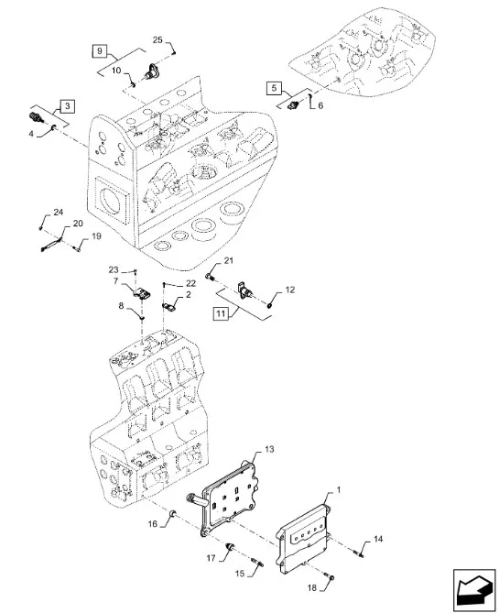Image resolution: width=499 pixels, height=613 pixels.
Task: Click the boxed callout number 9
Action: pyautogui.click(x=100, y=50)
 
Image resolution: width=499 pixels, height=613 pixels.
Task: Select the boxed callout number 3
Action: pyautogui.click(x=68, y=106)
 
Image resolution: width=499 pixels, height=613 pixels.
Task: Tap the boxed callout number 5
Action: pyautogui.click(x=274, y=88)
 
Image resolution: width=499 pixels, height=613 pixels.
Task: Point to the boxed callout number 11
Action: pyautogui.click(x=221, y=313)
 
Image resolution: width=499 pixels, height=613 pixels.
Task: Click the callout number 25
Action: pyautogui.click(x=157, y=40)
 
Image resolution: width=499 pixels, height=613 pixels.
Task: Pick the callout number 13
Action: pyautogui.click(x=269, y=449)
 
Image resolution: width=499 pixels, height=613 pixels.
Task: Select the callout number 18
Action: pyautogui.click(x=312, y=587)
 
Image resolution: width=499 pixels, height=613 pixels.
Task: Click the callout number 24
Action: pyautogui.click(x=59, y=213)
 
